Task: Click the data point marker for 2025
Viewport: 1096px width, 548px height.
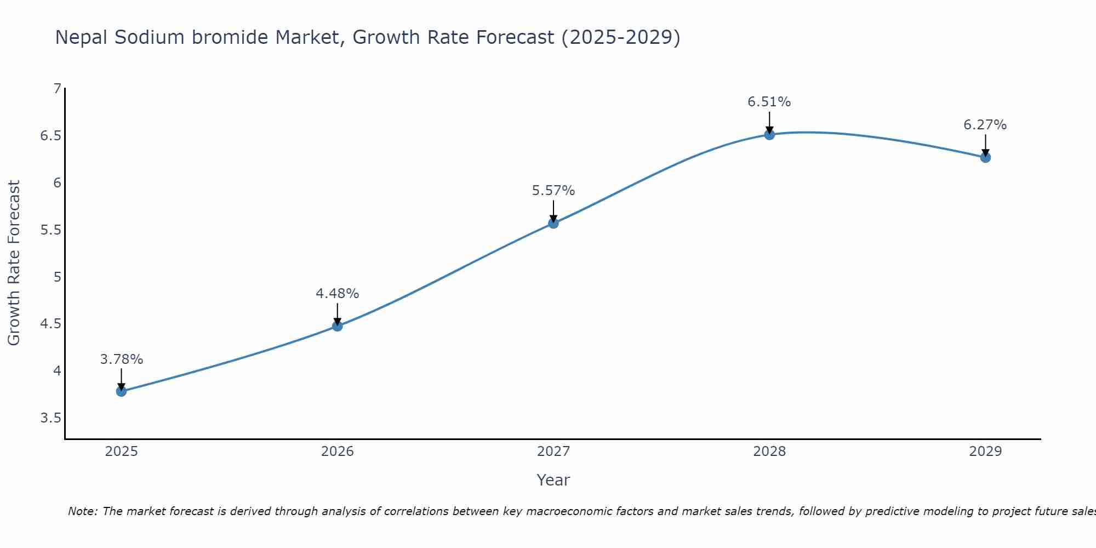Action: point(121,391)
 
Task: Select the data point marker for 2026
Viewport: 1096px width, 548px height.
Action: point(338,326)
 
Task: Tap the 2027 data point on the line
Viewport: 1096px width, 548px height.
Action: point(553,223)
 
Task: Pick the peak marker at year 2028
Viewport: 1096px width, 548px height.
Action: point(769,134)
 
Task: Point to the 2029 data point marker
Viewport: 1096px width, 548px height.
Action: point(985,157)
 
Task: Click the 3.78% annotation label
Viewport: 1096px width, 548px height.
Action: point(121,359)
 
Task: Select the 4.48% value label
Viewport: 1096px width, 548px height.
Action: point(338,294)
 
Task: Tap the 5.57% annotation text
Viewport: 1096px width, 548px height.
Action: point(553,191)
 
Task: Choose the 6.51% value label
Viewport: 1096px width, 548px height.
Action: point(769,102)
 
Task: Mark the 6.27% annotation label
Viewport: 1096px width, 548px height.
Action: point(985,125)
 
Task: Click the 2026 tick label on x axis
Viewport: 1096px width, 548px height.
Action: point(338,452)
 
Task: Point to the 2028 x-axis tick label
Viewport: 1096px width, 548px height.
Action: point(769,452)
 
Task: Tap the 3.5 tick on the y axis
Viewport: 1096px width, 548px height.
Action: point(50,418)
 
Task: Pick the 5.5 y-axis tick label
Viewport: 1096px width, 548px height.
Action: point(50,230)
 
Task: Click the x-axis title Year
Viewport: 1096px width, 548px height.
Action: point(553,480)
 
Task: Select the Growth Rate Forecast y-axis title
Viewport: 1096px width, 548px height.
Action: point(14,263)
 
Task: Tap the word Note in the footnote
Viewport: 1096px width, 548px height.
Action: point(82,511)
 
